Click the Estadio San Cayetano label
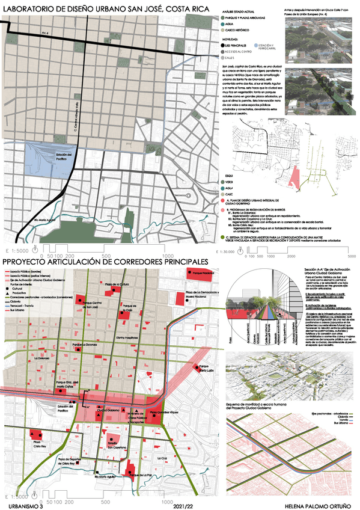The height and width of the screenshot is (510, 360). coord(117,445)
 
